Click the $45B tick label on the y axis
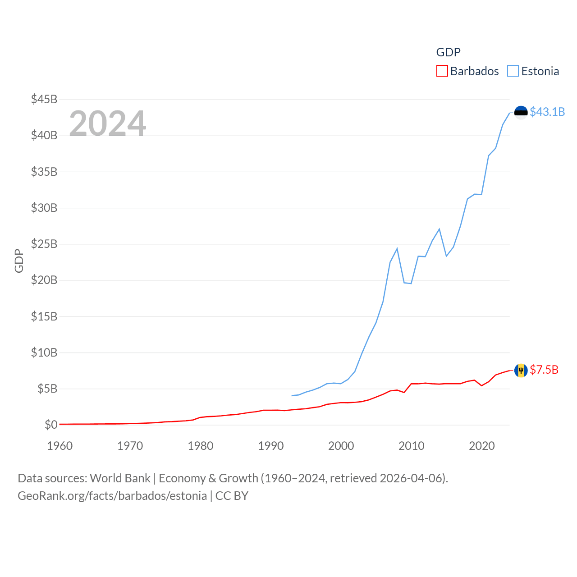pos(44,99)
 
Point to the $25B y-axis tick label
pos(44,244)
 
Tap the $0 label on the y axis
pos(51,425)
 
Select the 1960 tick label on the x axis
pos(60,446)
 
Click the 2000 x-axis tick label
pos(341,446)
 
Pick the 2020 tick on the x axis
pos(482,446)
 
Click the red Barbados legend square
pos(442,71)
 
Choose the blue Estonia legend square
pos(513,71)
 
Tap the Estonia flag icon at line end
pos(521,112)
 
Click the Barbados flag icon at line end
pos(521,370)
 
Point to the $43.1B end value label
pos(547,112)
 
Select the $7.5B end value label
pos(544,370)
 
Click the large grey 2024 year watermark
pos(108,124)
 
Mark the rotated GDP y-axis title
pos(19,261)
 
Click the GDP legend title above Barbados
pos(448,52)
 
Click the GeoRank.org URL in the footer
pos(112,496)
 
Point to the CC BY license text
pos(232,496)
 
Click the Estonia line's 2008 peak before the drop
pos(397,248)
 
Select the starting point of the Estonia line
pos(292,395)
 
